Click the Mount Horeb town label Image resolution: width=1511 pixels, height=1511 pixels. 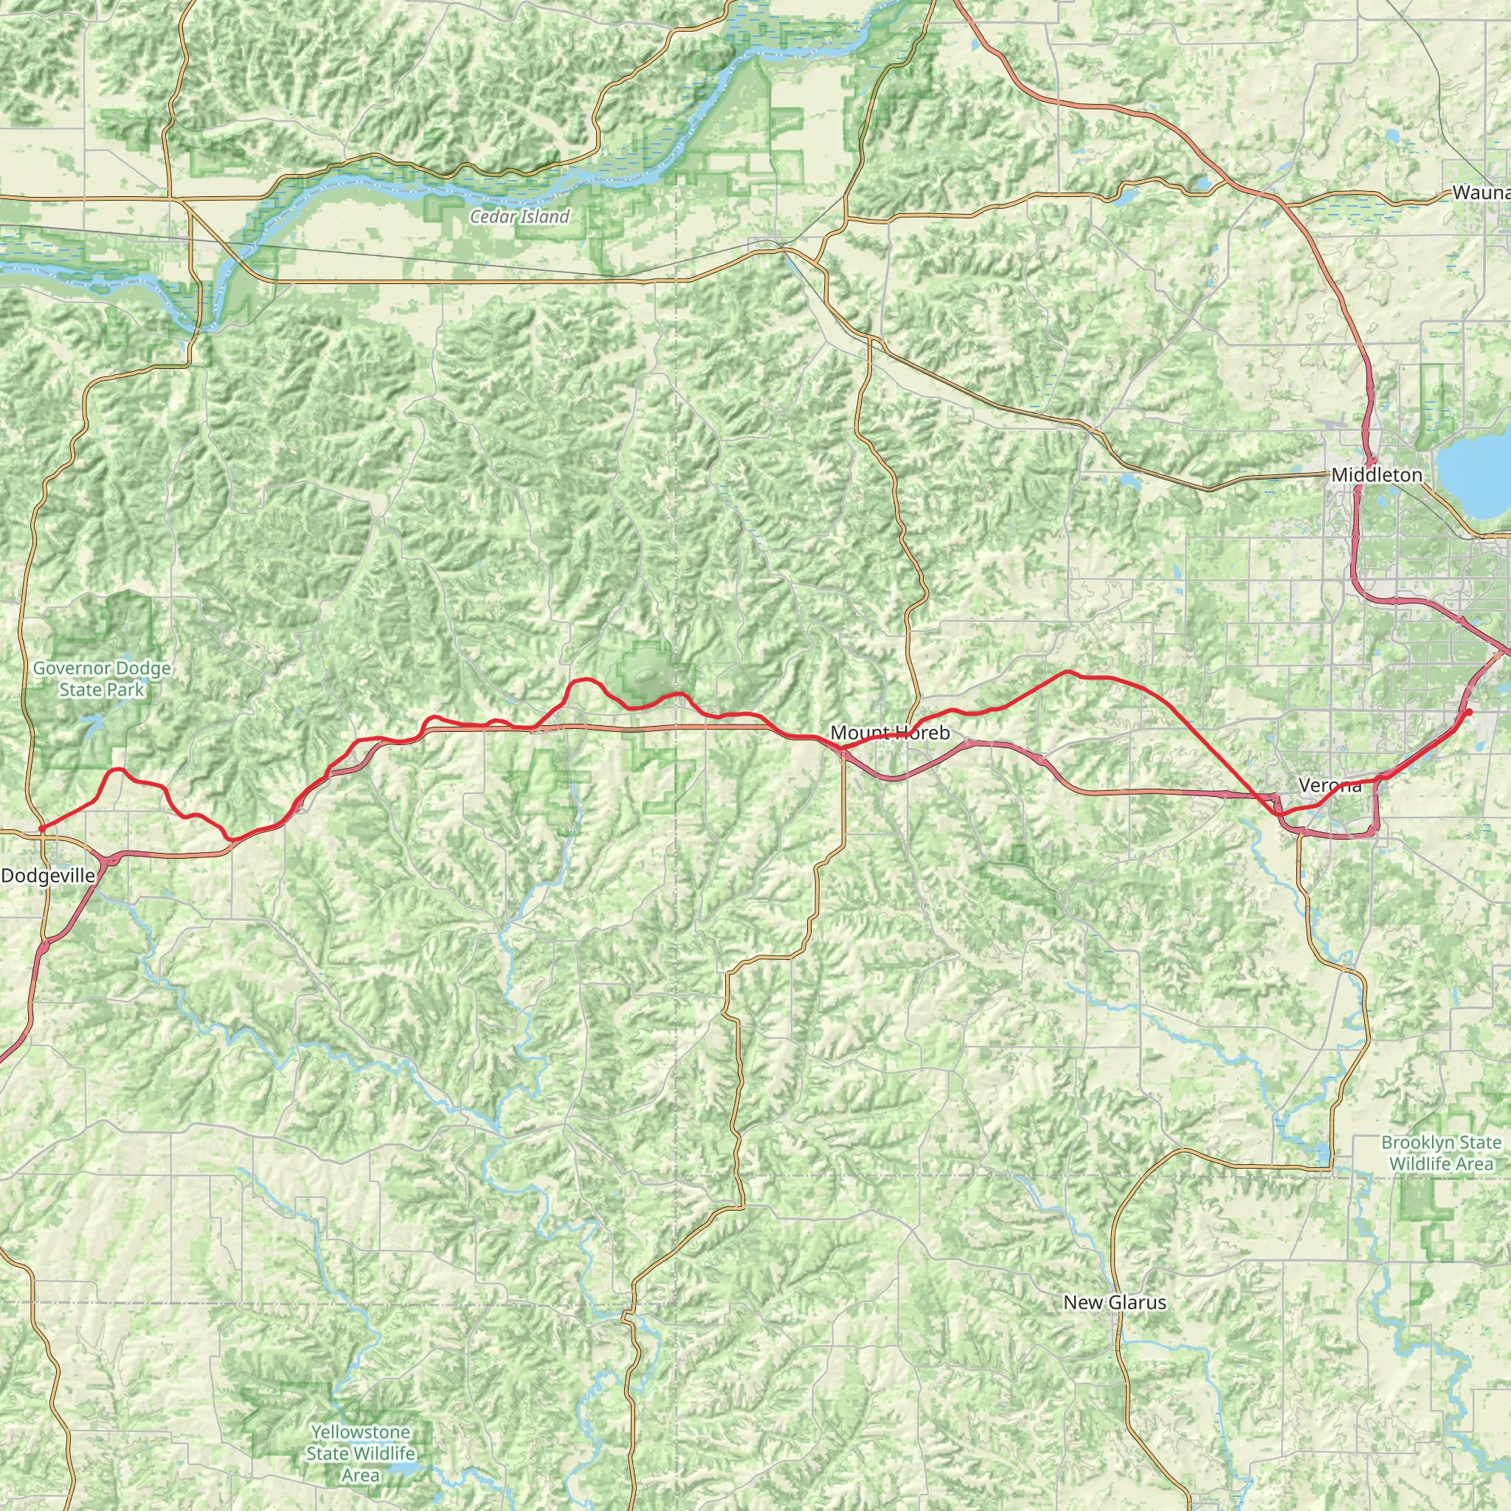(x=890, y=733)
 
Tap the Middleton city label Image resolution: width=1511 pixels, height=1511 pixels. (x=1377, y=474)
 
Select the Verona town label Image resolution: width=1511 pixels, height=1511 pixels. (x=1330, y=785)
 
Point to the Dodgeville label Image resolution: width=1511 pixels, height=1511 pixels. (x=48, y=876)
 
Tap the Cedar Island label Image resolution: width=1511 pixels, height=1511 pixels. (x=519, y=217)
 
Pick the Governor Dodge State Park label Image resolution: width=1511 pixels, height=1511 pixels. (x=102, y=679)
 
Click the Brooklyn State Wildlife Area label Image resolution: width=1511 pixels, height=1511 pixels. (x=1441, y=1153)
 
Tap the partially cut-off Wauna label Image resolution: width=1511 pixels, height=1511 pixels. (x=1481, y=193)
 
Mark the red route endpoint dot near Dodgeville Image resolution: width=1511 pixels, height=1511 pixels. (x=41, y=829)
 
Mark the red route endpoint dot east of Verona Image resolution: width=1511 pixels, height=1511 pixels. (x=1469, y=712)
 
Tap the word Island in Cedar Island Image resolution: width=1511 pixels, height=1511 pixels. (x=545, y=217)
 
